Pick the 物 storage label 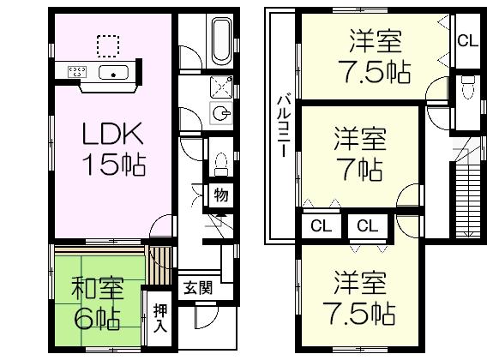221,195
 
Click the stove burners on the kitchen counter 76,72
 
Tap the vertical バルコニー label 281,125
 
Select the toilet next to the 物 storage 220,163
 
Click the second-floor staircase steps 469,198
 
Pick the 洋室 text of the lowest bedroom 359,284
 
